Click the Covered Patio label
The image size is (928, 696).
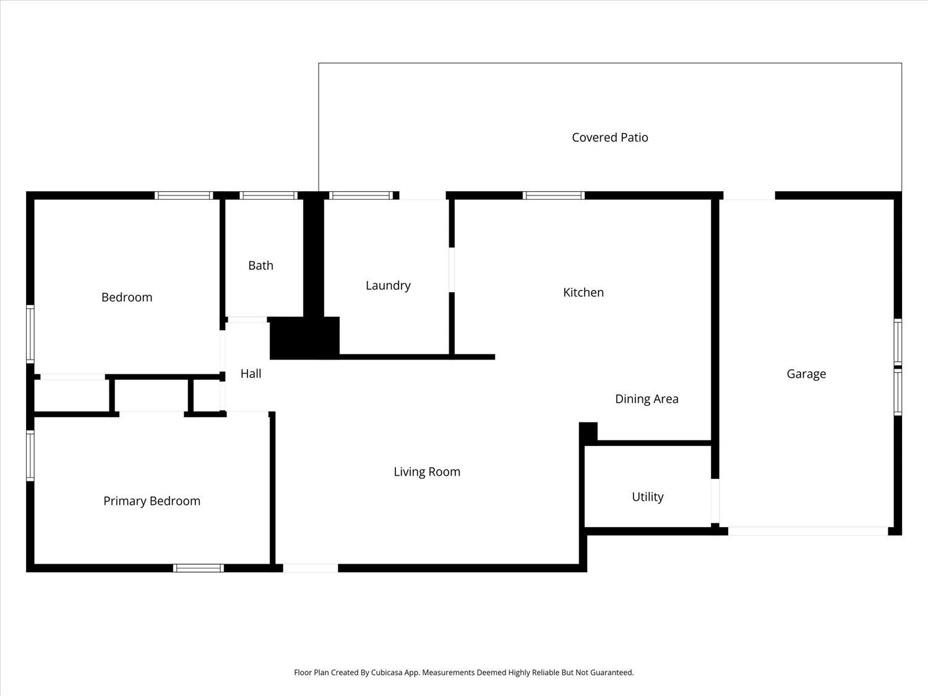(609, 137)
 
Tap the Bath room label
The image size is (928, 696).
(260, 265)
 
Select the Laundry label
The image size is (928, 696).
(388, 286)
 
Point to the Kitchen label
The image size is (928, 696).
(583, 293)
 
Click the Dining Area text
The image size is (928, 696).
(647, 399)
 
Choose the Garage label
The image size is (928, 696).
(806, 374)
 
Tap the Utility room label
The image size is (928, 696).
(648, 497)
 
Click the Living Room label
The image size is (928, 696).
(427, 471)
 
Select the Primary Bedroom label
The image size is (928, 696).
(152, 501)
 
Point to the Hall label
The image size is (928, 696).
(251, 374)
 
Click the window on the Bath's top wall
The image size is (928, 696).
(269, 195)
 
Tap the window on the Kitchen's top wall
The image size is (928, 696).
(554, 195)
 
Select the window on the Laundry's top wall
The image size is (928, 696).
(361, 195)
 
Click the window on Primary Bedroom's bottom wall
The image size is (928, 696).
(199, 568)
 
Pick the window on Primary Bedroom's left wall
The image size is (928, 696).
(30, 455)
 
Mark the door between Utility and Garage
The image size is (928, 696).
(715, 501)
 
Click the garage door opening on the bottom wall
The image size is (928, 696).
(808, 531)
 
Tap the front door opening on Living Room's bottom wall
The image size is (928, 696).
(311, 568)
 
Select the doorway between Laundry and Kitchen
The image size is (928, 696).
(452, 270)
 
